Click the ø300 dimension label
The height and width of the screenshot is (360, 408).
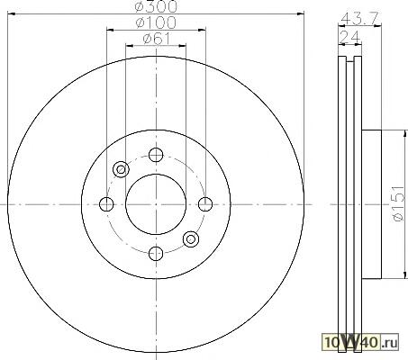(156, 6)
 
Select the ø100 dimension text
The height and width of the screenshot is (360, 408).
(156, 22)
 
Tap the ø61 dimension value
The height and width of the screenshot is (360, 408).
(157, 39)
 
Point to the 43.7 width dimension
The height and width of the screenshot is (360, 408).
(360, 19)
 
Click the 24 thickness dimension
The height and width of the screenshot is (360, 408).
(349, 37)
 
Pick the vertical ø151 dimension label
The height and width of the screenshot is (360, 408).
(398, 203)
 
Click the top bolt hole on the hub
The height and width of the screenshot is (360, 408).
(156, 155)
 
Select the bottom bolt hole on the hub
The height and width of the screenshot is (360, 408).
(156, 253)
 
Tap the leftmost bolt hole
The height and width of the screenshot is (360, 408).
(106, 204)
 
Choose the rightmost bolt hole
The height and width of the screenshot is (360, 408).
(205, 204)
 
